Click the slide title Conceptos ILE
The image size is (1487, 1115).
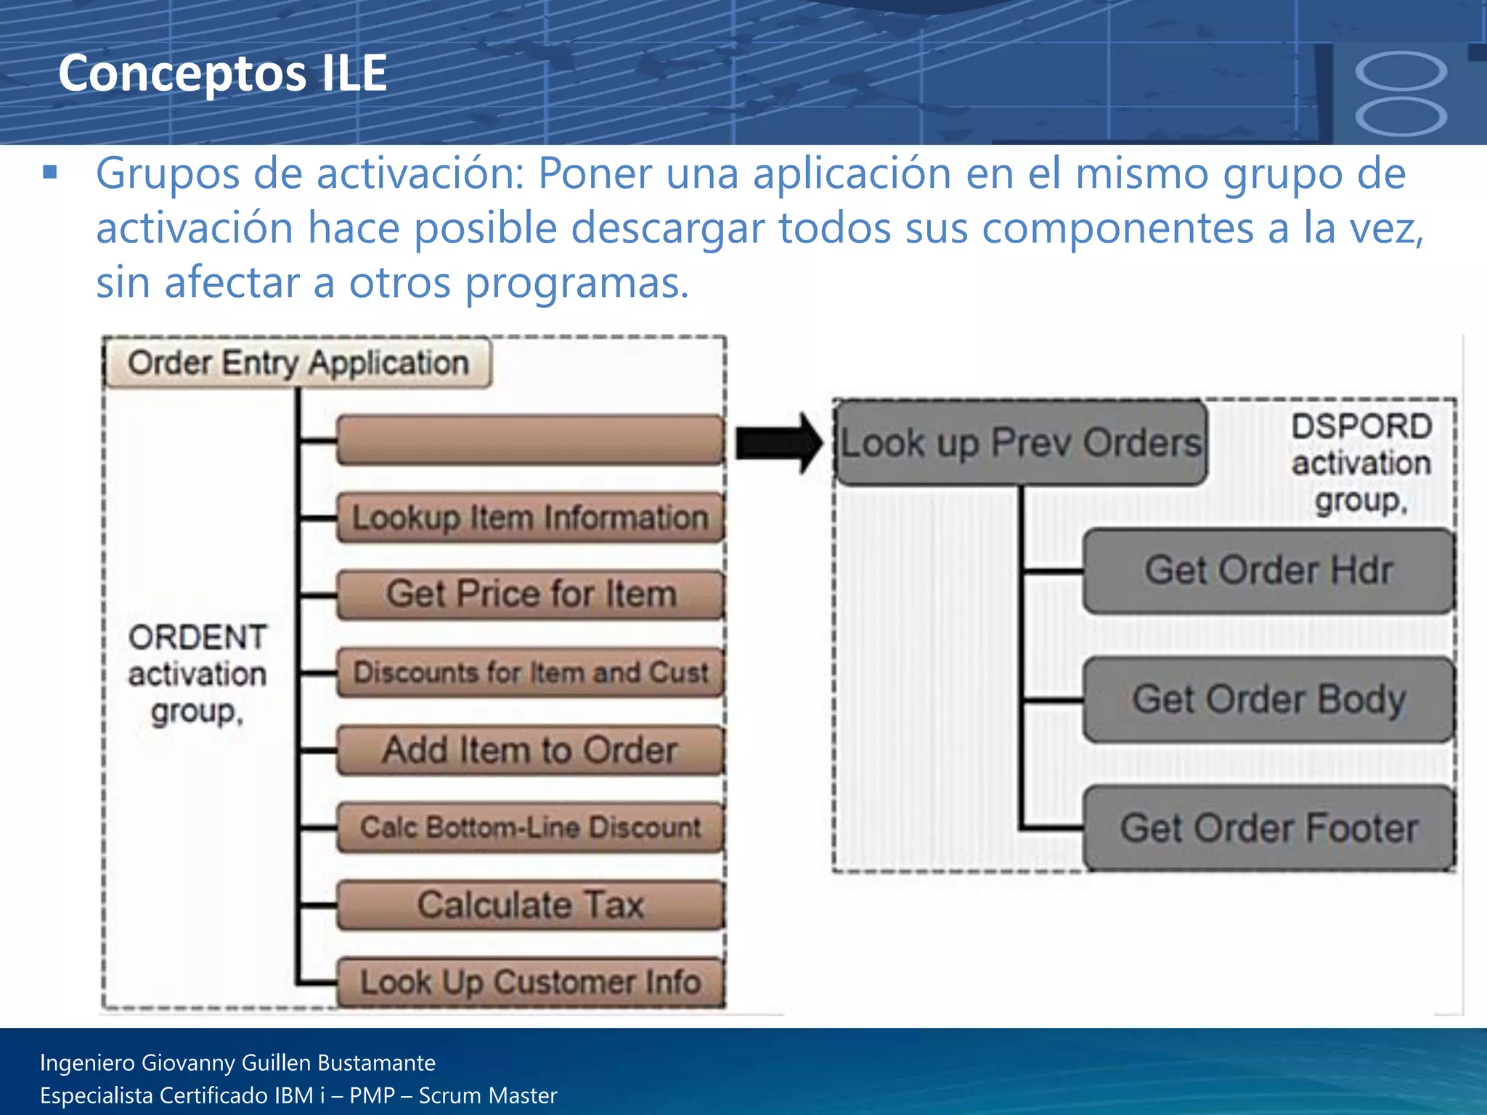pyautogui.click(x=222, y=73)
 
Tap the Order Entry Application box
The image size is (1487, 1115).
pyautogui.click(x=298, y=362)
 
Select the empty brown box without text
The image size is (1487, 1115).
pyautogui.click(x=531, y=439)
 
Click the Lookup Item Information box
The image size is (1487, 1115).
pyautogui.click(x=531, y=518)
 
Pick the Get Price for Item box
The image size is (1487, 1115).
pyautogui.click(x=531, y=595)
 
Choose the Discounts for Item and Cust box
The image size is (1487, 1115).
pyautogui.click(x=531, y=672)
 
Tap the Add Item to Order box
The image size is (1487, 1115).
pyautogui.click(x=531, y=750)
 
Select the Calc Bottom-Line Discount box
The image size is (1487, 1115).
pyautogui.click(x=531, y=827)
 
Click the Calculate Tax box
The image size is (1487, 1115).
pyautogui.click(x=531, y=904)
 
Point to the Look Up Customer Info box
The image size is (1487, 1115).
pyautogui.click(x=531, y=982)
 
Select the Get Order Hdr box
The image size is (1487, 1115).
pyautogui.click(x=1268, y=571)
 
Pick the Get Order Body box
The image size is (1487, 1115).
pyautogui.click(x=1268, y=699)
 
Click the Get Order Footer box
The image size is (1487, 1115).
pyautogui.click(x=1268, y=828)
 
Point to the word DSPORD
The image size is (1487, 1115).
pyautogui.click(x=1361, y=426)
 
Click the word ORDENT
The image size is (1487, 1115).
pyautogui.click(x=197, y=637)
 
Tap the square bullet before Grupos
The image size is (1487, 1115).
pyautogui.click(x=50, y=173)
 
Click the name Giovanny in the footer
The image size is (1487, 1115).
pyautogui.click(x=189, y=1063)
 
